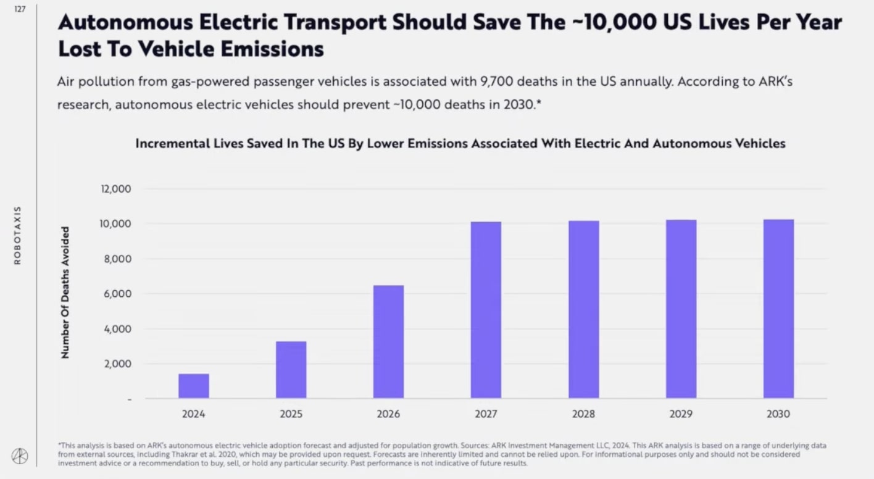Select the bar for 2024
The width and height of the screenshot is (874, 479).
click(194, 386)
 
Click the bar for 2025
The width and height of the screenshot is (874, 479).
click(291, 370)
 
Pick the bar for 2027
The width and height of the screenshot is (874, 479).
click(486, 310)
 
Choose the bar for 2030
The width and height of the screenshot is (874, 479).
click(778, 309)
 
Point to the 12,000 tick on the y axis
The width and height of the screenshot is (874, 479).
click(115, 189)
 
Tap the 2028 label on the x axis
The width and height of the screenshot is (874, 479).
click(583, 414)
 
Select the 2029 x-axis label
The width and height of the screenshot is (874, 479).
click(681, 414)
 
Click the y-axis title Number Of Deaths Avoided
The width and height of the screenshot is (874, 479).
click(65, 293)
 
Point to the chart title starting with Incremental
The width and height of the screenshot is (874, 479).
click(460, 143)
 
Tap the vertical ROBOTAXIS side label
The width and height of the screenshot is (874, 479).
click(17, 235)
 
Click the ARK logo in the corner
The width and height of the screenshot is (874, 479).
click(20, 456)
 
